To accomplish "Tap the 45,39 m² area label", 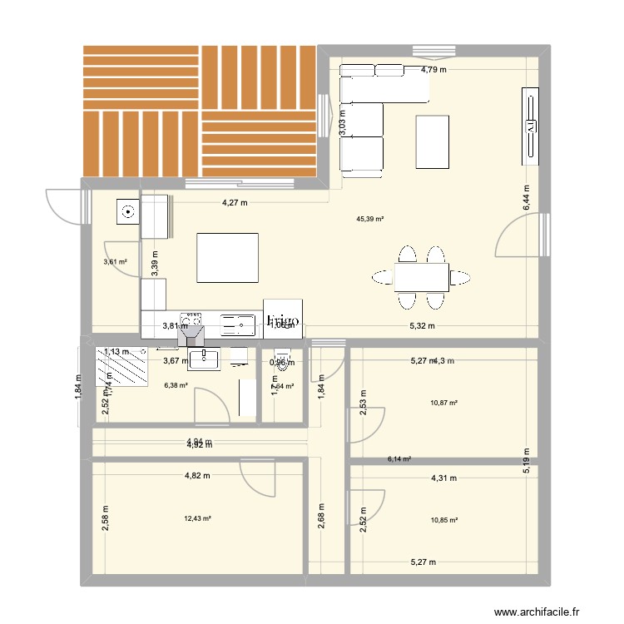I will tap(369, 220).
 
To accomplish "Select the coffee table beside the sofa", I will tap(433, 141).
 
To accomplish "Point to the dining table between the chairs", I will tap(421, 276).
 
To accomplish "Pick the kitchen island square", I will tap(227, 259).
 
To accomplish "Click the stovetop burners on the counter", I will tap(192, 319).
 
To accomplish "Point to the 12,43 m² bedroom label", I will tap(198, 519).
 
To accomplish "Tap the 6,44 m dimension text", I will tap(526, 198).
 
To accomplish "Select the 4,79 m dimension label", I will tap(433, 70).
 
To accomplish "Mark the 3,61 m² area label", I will tap(115, 262).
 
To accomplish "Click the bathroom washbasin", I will tap(204, 359).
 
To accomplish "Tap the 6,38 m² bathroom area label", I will tap(176, 385).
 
